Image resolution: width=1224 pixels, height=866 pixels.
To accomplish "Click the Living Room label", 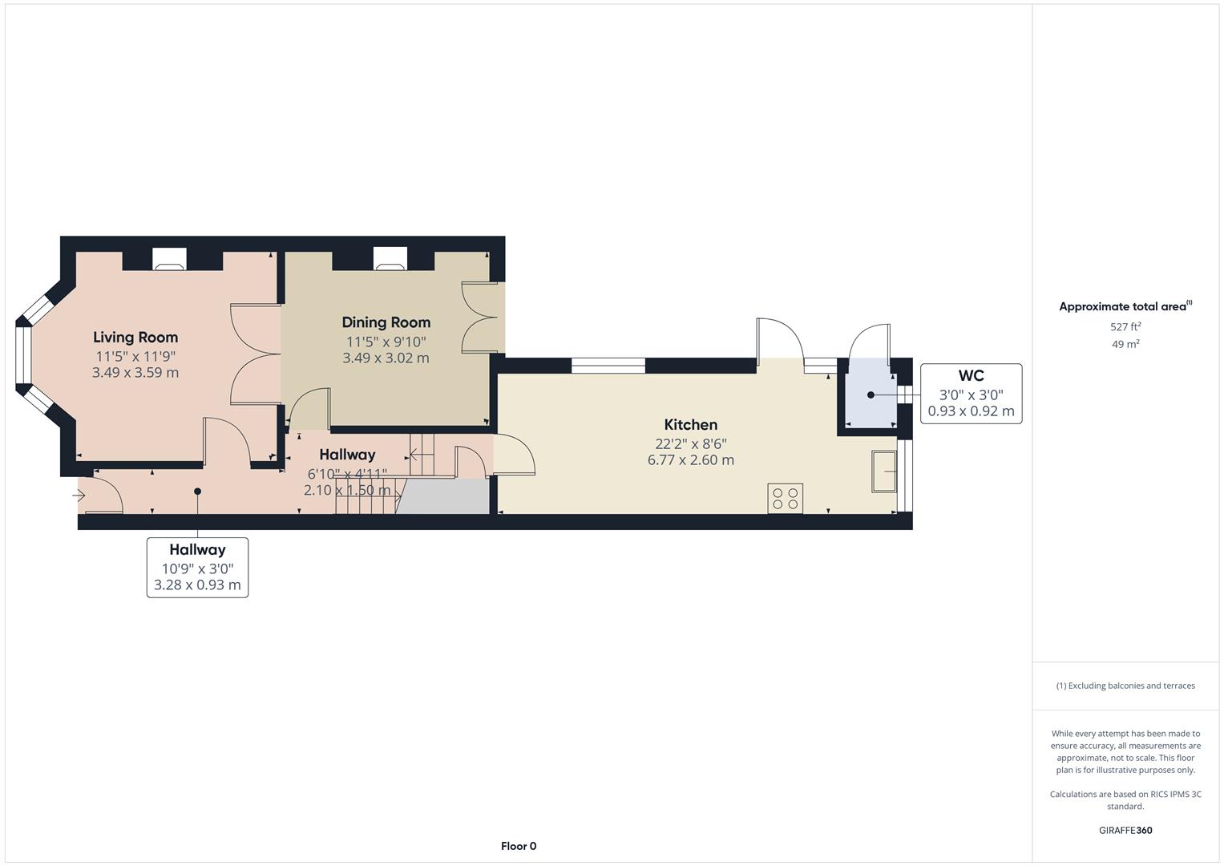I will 135,338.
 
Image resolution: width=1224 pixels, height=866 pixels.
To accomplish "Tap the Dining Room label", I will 386,322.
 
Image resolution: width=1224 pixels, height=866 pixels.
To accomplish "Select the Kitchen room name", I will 690,425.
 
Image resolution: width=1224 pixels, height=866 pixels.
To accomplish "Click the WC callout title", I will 971,376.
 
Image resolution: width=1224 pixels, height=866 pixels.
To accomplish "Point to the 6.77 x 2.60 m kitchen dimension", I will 690,460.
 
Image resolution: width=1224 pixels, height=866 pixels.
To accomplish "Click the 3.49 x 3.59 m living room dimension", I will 135,373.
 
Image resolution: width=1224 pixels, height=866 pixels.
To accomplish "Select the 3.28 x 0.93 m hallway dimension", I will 197,585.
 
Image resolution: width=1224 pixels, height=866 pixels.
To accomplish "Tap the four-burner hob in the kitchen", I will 785,498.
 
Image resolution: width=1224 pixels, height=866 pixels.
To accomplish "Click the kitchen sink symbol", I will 885,471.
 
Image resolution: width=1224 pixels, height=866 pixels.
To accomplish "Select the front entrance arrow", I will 79,496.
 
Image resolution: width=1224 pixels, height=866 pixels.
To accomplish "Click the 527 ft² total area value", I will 1125,327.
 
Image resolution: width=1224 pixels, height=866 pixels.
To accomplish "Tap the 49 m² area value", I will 1125,344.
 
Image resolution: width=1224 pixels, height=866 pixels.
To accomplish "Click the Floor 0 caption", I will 519,846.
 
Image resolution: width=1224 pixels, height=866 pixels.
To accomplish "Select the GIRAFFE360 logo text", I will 1125,830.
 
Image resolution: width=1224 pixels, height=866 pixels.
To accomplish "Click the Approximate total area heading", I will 1125,306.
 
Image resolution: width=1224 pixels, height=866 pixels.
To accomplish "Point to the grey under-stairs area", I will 446,497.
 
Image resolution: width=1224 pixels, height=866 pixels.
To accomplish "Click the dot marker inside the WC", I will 871,395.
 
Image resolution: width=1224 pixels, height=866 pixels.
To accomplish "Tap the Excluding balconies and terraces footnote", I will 1125,686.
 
